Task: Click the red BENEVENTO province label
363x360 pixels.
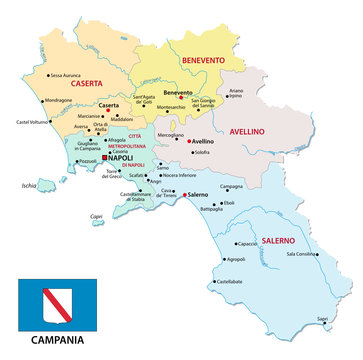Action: point(202,61)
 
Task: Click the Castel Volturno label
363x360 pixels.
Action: point(34,122)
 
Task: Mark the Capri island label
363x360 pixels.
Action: point(125,215)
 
